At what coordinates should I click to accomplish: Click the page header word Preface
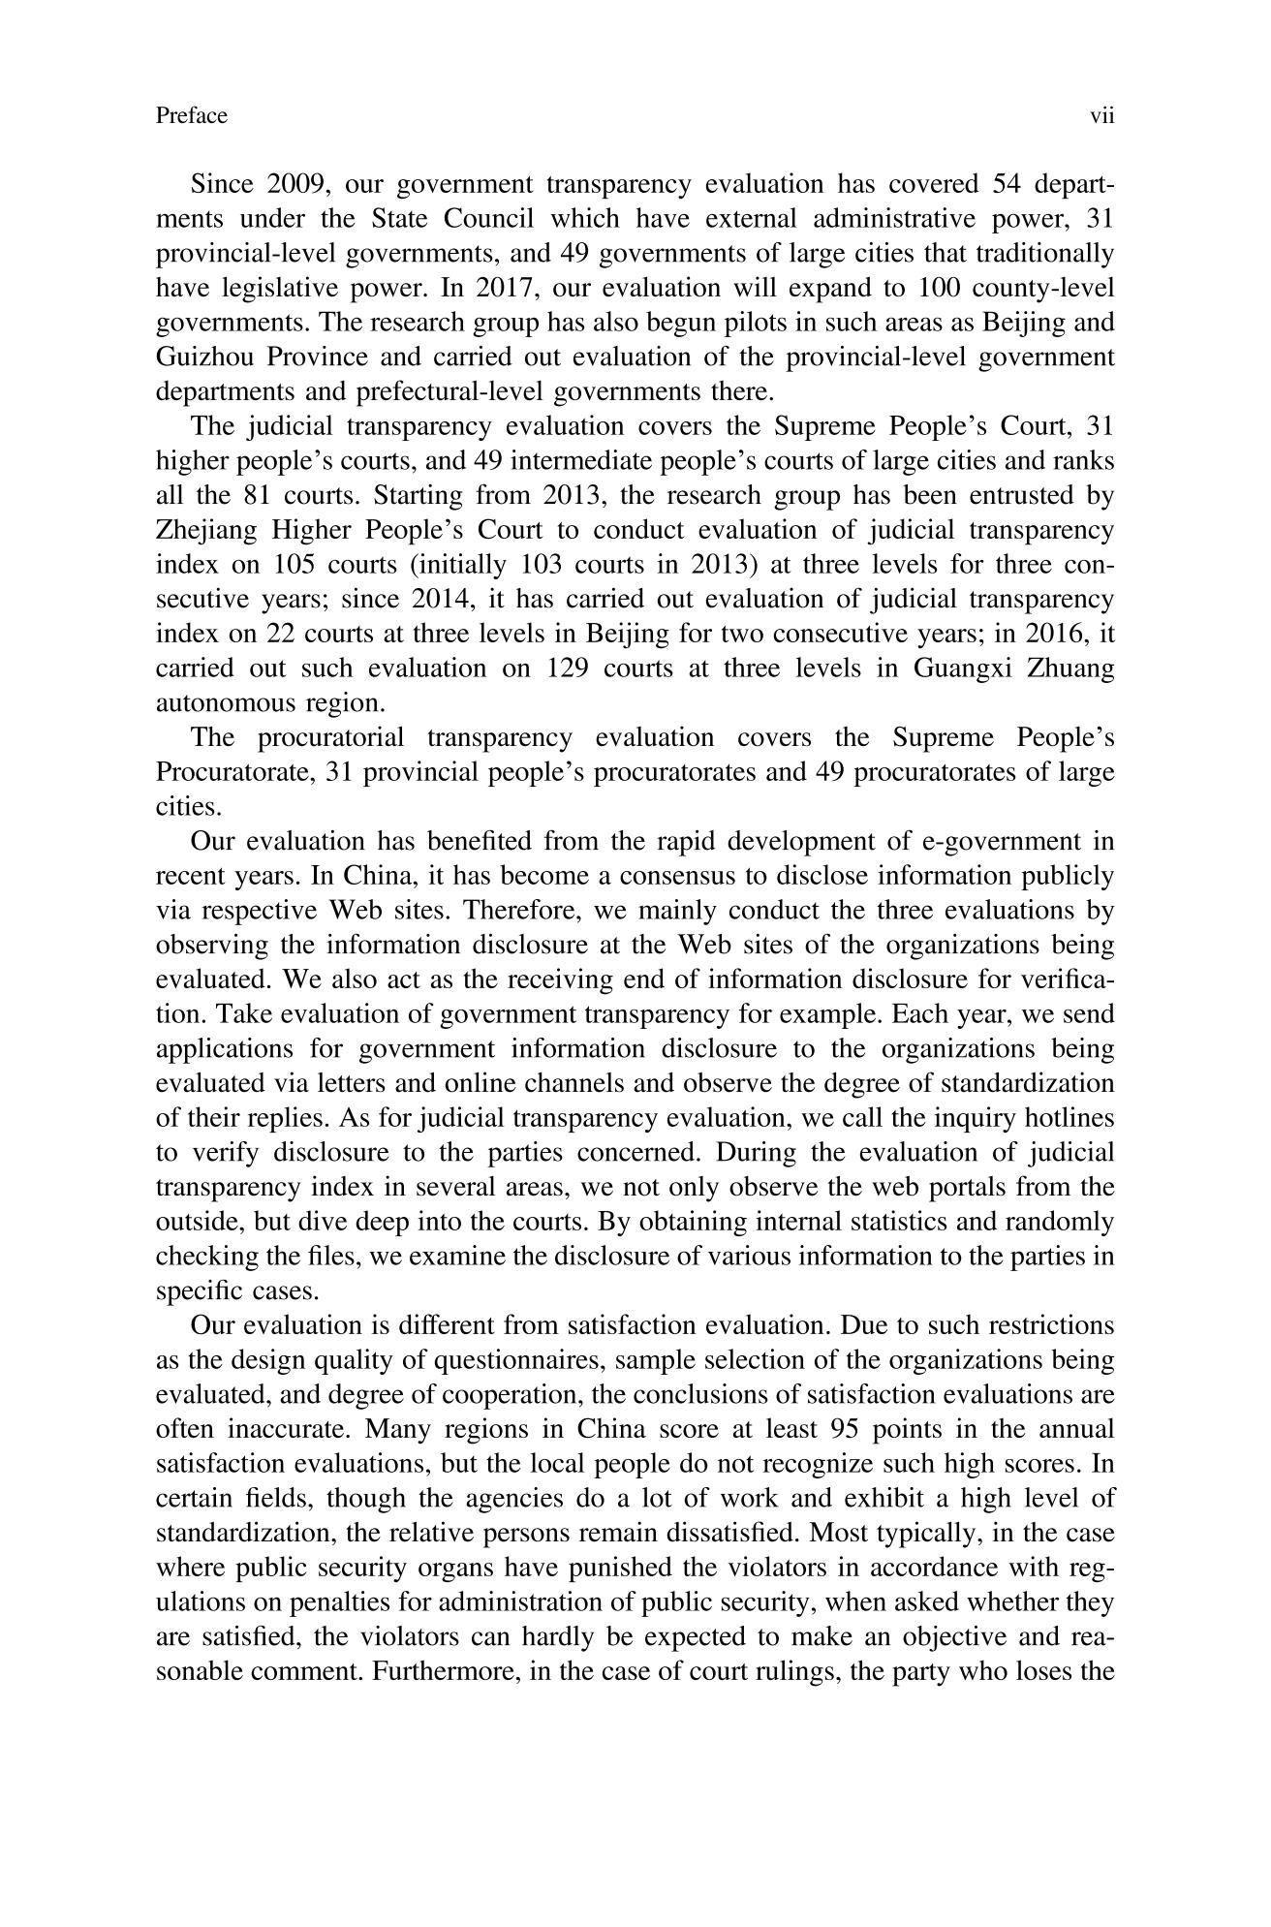[x=191, y=116]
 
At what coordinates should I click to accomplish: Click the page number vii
[x=1102, y=116]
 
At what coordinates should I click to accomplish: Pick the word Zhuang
[x=1072, y=668]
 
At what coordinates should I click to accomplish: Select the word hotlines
[x=1071, y=1118]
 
